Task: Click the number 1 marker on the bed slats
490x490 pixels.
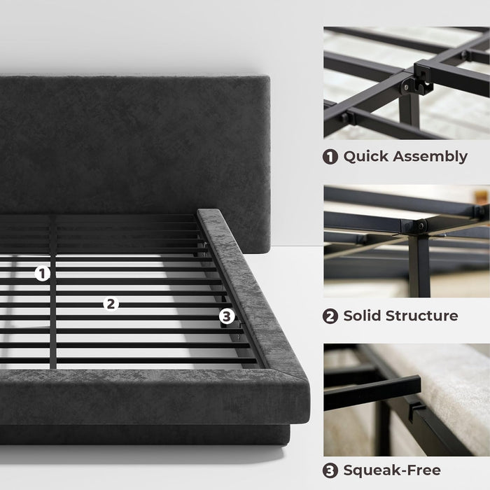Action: (43, 274)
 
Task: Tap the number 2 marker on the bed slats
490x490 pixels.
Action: (109, 304)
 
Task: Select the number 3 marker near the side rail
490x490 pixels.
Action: (225, 316)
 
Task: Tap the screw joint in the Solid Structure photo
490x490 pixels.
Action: (420, 225)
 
